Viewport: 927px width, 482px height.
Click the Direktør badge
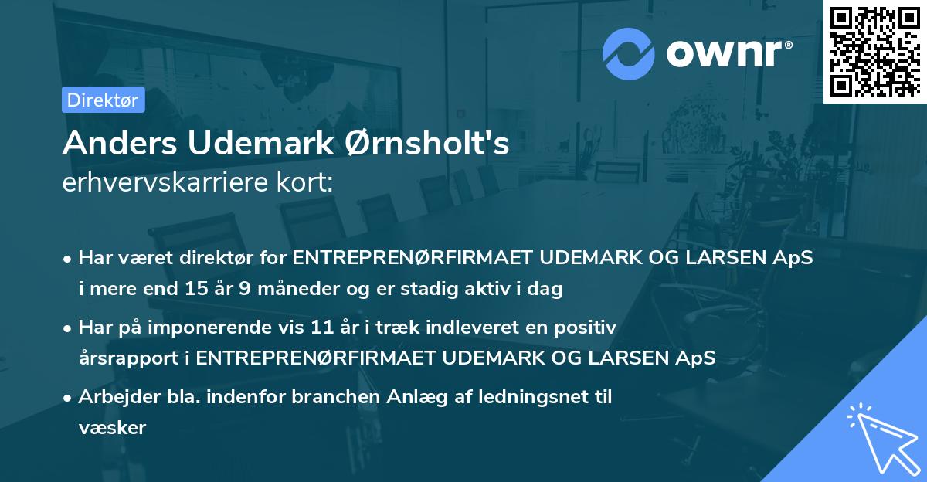[x=103, y=100]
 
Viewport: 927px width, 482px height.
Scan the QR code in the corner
[x=874, y=52]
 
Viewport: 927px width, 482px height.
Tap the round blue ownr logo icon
[x=630, y=53]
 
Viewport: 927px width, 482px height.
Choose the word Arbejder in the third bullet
[x=114, y=397]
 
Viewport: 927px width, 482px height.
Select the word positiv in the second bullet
[x=589, y=328]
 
